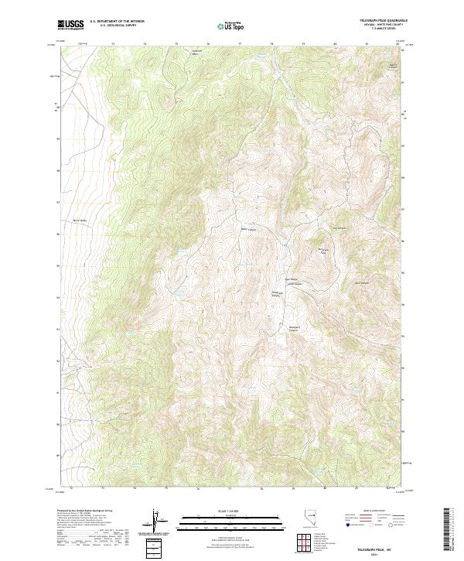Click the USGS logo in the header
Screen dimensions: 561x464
tap(71, 25)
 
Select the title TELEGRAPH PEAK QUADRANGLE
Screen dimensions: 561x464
tap(383, 19)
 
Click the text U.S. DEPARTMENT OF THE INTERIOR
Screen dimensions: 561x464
tap(117, 21)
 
